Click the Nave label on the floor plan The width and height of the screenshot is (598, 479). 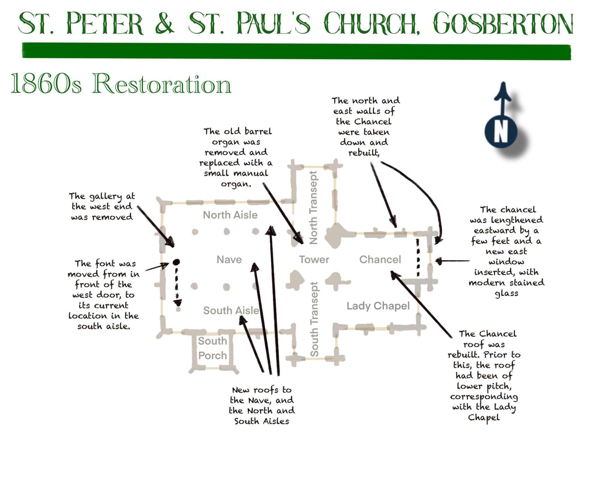click(x=229, y=260)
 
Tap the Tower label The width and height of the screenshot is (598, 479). click(x=314, y=260)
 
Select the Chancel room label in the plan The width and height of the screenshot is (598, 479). click(x=380, y=260)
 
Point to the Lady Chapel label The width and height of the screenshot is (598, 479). click(x=378, y=306)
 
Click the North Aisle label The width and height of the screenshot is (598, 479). click(x=230, y=215)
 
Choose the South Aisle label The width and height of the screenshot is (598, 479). click(x=231, y=310)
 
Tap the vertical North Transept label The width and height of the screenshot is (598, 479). click(x=313, y=208)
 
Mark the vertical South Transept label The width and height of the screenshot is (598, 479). click(x=314, y=319)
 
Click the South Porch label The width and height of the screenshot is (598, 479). click(x=213, y=348)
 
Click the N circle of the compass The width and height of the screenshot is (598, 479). click(x=501, y=132)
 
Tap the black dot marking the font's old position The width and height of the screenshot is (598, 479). click(x=176, y=262)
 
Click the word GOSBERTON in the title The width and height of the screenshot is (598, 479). click(x=503, y=24)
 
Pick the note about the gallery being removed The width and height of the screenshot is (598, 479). click(x=102, y=207)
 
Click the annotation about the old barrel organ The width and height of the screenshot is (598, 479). click(x=236, y=157)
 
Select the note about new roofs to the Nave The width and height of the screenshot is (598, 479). click(x=262, y=405)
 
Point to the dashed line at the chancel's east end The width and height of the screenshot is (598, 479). click(x=418, y=257)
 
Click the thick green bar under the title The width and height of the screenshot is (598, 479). click(x=296, y=51)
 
